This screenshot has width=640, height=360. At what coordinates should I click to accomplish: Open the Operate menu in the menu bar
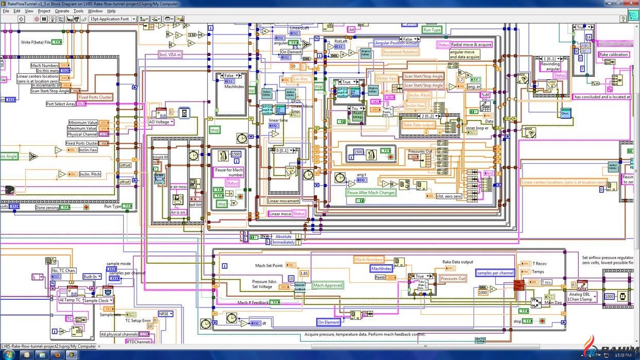(x=62, y=11)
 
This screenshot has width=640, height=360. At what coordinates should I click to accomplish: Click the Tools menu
(x=78, y=11)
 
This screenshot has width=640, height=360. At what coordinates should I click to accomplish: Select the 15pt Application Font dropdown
(x=112, y=19)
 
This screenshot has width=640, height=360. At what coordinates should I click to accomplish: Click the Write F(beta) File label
(x=36, y=42)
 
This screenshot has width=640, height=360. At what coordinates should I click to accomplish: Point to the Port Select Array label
(x=60, y=104)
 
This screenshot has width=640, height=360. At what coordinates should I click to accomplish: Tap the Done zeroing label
(x=47, y=208)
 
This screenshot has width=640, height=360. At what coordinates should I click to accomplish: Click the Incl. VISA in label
(x=170, y=54)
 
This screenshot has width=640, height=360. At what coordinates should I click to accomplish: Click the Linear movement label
(x=283, y=201)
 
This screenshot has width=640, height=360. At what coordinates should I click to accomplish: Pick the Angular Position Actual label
(x=396, y=43)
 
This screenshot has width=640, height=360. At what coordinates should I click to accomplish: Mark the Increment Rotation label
(x=400, y=52)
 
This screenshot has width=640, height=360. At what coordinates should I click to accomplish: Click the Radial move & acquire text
(x=471, y=45)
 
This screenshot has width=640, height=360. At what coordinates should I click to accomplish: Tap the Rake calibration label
(x=613, y=55)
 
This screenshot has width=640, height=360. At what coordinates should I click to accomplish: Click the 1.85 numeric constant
(x=304, y=273)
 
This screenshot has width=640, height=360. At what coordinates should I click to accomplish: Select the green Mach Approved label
(x=328, y=285)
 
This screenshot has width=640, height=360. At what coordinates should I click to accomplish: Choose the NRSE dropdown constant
(x=165, y=314)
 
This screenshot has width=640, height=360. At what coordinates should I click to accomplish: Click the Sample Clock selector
(x=97, y=300)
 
